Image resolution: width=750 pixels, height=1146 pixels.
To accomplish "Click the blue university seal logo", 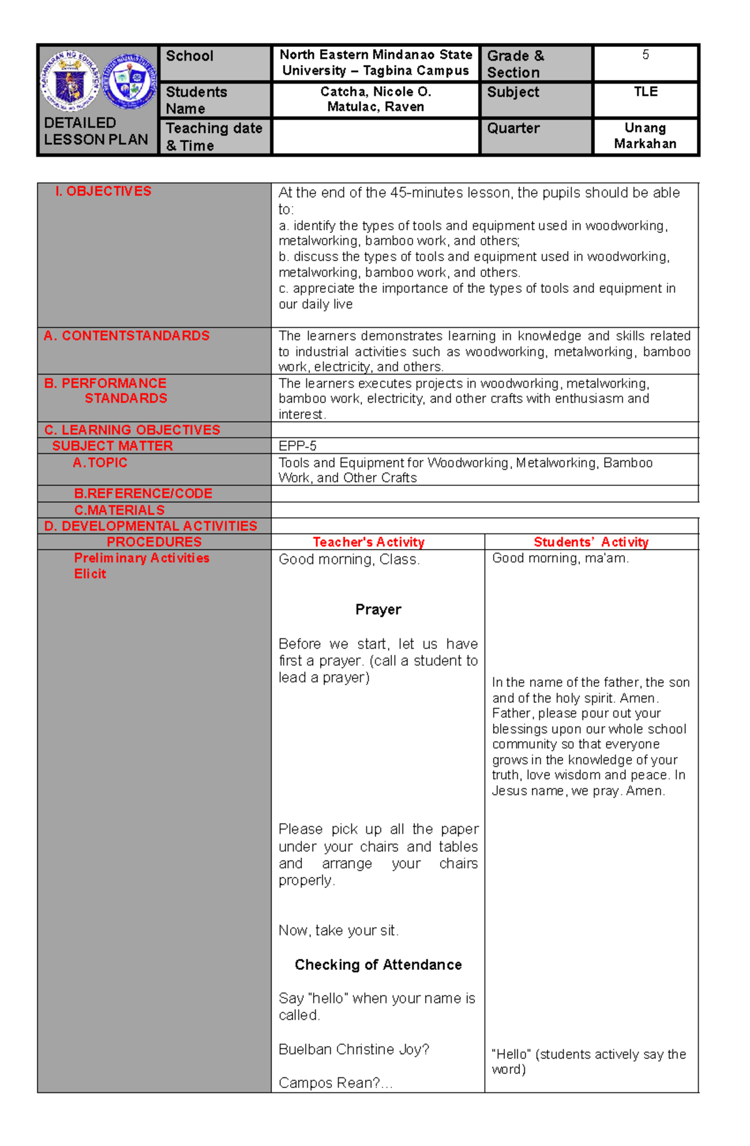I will (x=129, y=82).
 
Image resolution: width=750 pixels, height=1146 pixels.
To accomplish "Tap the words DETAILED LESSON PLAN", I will (x=96, y=131).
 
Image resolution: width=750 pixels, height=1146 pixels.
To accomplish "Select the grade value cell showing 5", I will (x=645, y=55).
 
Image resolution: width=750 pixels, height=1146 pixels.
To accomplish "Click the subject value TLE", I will (x=645, y=92).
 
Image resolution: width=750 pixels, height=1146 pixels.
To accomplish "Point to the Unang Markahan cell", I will (x=645, y=136).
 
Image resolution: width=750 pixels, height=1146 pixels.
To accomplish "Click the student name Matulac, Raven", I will (x=376, y=107).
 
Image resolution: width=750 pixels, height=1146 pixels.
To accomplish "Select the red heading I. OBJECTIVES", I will (x=103, y=191).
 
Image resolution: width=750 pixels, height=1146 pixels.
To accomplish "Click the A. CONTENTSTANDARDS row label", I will (x=126, y=336).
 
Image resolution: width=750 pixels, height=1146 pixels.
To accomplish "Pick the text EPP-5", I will (x=297, y=446).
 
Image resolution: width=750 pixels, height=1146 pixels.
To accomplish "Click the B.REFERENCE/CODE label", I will (x=143, y=493).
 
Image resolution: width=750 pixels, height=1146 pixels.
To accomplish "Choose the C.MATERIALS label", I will (x=119, y=510).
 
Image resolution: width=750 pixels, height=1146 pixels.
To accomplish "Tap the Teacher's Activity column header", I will (x=369, y=542).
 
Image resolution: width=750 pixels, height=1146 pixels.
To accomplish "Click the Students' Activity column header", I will (x=591, y=542).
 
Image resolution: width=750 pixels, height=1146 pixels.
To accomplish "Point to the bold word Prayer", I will (x=378, y=610).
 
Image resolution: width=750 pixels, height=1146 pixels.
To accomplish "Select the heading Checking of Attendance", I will (x=378, y=965).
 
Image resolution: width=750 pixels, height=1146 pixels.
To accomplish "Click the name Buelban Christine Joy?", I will (x=354, y=1049).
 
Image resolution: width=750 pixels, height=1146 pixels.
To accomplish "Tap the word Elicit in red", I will (x=90, y=574).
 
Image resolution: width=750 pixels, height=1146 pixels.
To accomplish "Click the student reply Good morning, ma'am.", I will (x=560, y=558).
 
